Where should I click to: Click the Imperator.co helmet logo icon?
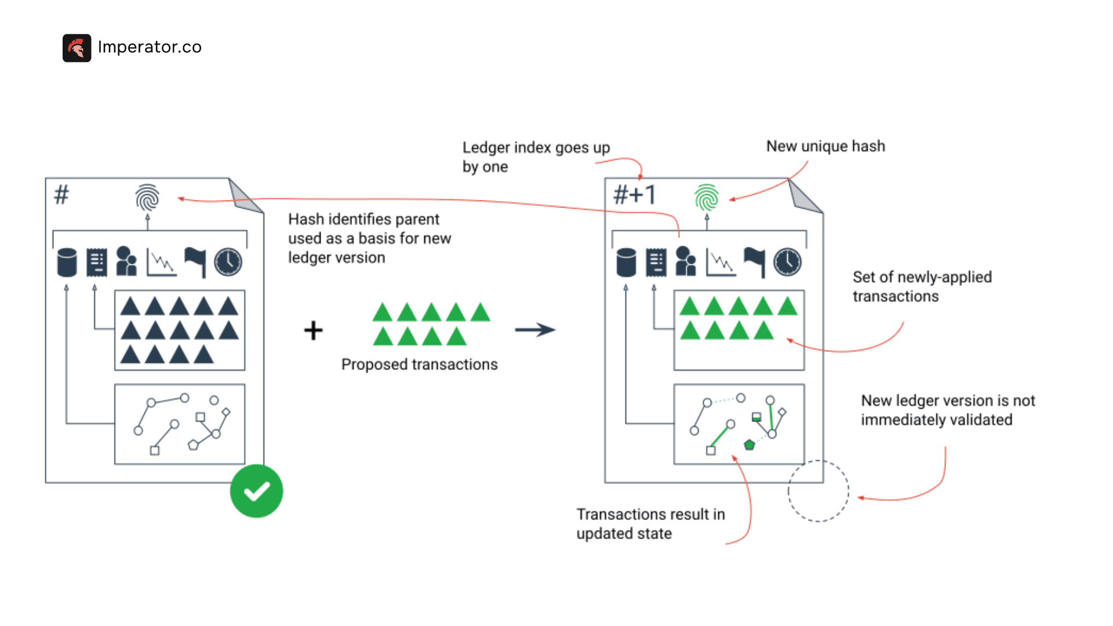coord(77,48)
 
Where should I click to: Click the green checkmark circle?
coord(256,491)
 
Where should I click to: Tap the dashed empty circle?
coord(818,491)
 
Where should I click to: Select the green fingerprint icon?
coord(707,198)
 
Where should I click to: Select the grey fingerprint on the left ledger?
coord(147,198)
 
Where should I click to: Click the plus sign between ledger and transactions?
coord(313,330)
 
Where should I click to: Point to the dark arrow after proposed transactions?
coord(534,330)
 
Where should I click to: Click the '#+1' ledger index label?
coord(635,195)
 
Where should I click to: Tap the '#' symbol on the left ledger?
coord(61,195)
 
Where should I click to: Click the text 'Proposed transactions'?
coord(419,364)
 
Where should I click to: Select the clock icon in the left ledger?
coord(228,262)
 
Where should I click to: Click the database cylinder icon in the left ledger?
coord(67,262)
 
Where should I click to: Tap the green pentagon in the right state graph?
coord(749,445)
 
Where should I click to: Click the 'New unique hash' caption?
coord(825,146)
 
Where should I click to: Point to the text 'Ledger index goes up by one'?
coord(536,156)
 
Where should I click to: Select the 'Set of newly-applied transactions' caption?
coord(922,286)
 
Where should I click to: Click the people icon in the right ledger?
coord(685,262)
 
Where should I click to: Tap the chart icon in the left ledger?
coord(161,262)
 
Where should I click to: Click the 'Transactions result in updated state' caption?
coord(650,523)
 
